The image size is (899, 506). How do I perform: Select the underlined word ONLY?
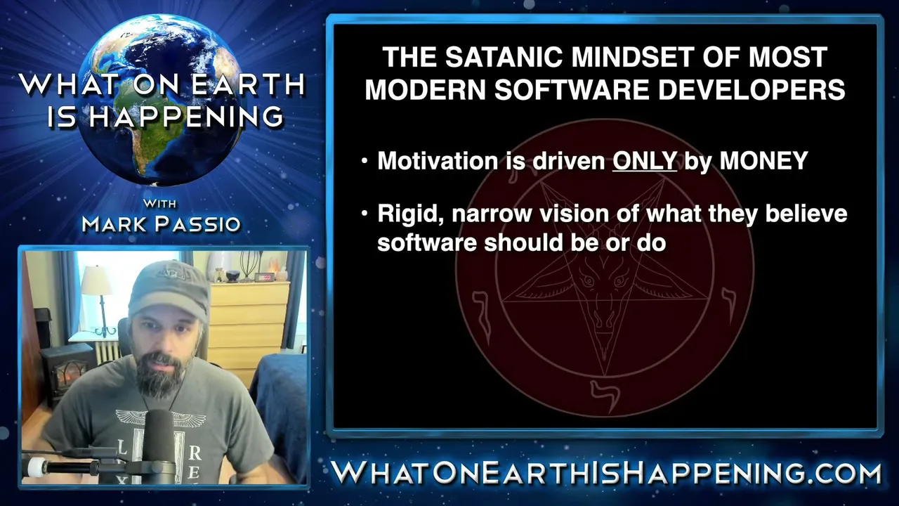coord(645,161)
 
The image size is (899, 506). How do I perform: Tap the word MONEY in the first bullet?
coord(763,161)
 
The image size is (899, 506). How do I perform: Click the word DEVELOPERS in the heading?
coord(752,89)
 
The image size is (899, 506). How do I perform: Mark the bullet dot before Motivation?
coord(365,162)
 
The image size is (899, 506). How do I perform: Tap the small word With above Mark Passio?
coord(159,203)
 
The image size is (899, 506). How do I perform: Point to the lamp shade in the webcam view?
coord(96,280)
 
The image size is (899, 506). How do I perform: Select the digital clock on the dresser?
coord(265,277)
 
